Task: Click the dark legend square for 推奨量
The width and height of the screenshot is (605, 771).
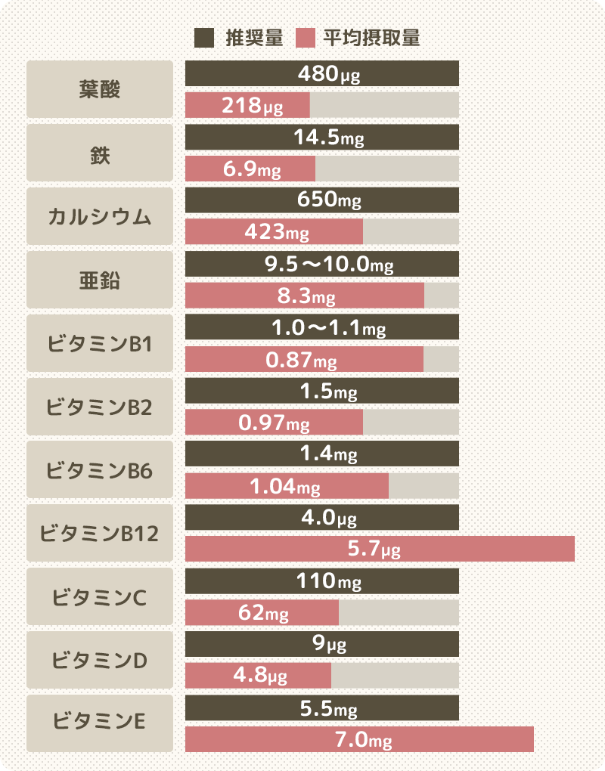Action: [x=204, y=38]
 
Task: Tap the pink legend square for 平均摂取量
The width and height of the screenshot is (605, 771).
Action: [x=306, y=38]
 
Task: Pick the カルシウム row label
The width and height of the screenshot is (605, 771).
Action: [x=99, y=217]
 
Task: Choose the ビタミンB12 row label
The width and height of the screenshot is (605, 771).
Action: [x=99, y=534]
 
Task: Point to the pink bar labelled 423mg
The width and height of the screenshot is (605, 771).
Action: [x=274, y=232]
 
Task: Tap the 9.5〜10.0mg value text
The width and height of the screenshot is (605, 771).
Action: [x=329, y=265]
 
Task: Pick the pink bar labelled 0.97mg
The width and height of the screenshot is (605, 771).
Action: [x=274, y=423]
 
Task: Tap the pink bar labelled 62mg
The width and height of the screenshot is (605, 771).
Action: [x=262, y=613]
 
